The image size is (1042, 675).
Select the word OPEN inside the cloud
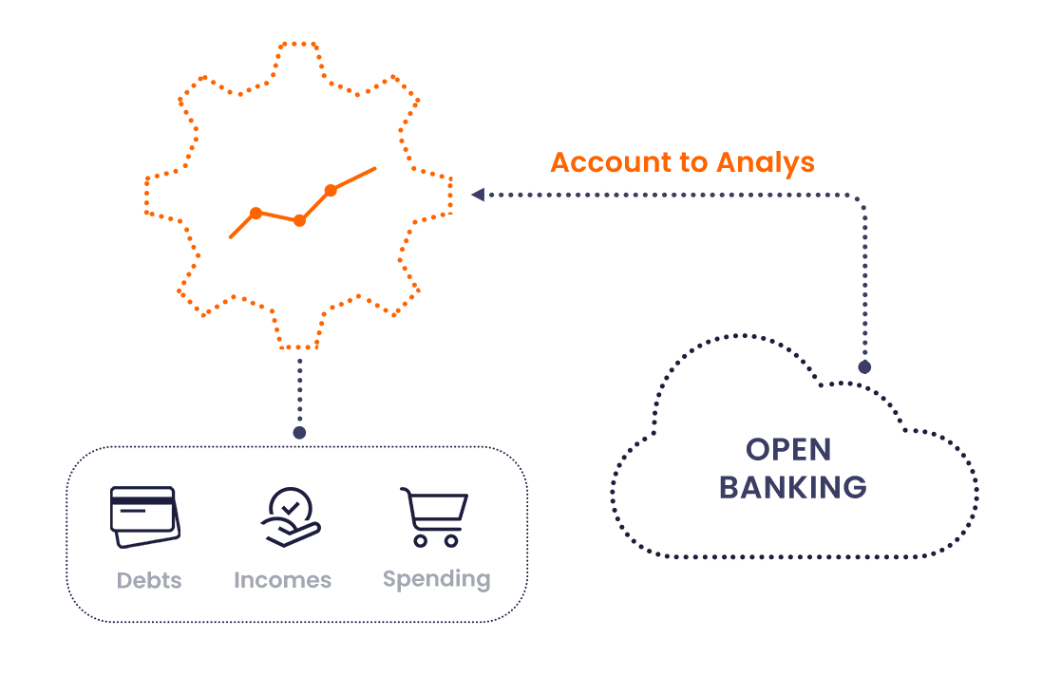pos(788,449)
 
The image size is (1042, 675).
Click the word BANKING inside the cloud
pos(792,487)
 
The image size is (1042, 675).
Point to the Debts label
pos(149,580)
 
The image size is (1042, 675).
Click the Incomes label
pos(282,580)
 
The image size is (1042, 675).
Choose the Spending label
pos(437,578)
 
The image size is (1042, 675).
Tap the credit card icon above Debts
pos(145,516)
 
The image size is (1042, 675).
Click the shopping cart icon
pos(435,516)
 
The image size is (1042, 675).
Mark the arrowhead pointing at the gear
pos(477,195)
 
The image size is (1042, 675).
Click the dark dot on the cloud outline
pos(864,366)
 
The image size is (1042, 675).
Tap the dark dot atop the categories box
pos(299,433)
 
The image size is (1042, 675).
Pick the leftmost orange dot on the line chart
pos(256,213)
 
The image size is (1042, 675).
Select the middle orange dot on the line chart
pos(299,220)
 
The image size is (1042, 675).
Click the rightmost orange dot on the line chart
pos(331,191)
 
